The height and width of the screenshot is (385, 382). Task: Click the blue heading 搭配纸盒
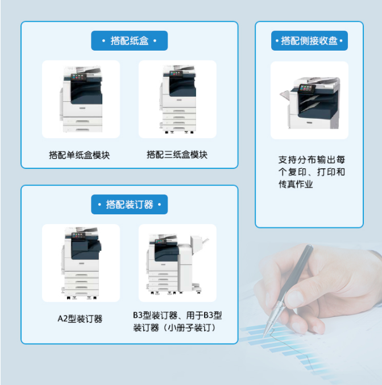tap(130, 41)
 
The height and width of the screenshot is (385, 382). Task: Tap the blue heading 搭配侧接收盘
tap(309, 41)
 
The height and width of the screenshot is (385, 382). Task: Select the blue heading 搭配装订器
tap(130, 205)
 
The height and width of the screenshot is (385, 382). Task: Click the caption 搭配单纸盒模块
tap(79, 155)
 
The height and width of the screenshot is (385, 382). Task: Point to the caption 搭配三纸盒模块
tap(177, 155)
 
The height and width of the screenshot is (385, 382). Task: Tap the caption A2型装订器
tap(80, 318)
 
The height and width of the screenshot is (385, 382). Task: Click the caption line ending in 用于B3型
tap(177, 315)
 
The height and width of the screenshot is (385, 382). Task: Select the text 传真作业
tap(296, 184)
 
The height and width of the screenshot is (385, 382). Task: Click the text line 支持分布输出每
tap(312, 160)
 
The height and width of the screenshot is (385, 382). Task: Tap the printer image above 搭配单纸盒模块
tap(81, 99)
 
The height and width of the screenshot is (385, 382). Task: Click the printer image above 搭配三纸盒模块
tap(178, 99)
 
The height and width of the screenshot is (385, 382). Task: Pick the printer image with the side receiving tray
tap(309, 103)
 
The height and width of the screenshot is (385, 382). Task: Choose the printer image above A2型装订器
tap(81, 263)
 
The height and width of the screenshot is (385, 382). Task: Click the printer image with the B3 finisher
tap(177, 264)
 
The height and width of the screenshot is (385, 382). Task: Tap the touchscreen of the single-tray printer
tap(78, 77)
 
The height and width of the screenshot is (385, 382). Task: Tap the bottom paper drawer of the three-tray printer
tap(179, 129)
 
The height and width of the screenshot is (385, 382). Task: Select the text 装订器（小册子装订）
tap(175, 328)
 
